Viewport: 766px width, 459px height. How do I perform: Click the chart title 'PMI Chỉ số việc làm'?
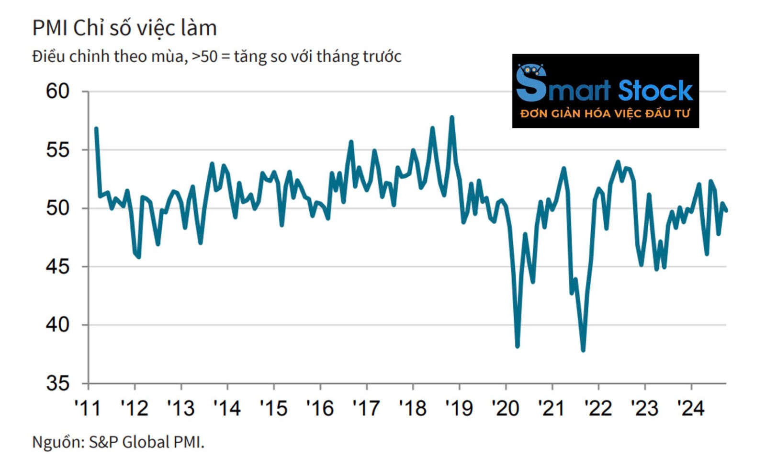124,28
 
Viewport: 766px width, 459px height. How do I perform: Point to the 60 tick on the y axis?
58,91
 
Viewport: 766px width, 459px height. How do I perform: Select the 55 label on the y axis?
58,150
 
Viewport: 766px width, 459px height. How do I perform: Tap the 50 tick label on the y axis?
58,208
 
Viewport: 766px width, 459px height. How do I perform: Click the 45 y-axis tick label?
58,266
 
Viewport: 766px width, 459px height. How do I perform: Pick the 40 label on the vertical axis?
58,325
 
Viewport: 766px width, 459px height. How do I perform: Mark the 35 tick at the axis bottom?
58,383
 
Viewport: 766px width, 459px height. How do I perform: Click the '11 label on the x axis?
88,408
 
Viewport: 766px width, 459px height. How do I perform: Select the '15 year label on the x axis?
273,408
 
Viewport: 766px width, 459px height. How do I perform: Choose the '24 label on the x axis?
690,408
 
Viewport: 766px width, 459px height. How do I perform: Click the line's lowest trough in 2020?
518,346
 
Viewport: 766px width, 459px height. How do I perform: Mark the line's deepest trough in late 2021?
583,350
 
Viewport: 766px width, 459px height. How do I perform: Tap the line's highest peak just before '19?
451,117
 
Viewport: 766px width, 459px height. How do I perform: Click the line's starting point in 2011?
96,128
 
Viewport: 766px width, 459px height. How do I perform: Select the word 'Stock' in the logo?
655,91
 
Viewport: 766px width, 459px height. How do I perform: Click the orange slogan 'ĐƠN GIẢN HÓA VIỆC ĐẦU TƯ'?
605,114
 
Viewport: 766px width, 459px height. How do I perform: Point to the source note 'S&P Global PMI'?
146,442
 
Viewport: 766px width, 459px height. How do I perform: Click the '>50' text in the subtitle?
204,57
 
